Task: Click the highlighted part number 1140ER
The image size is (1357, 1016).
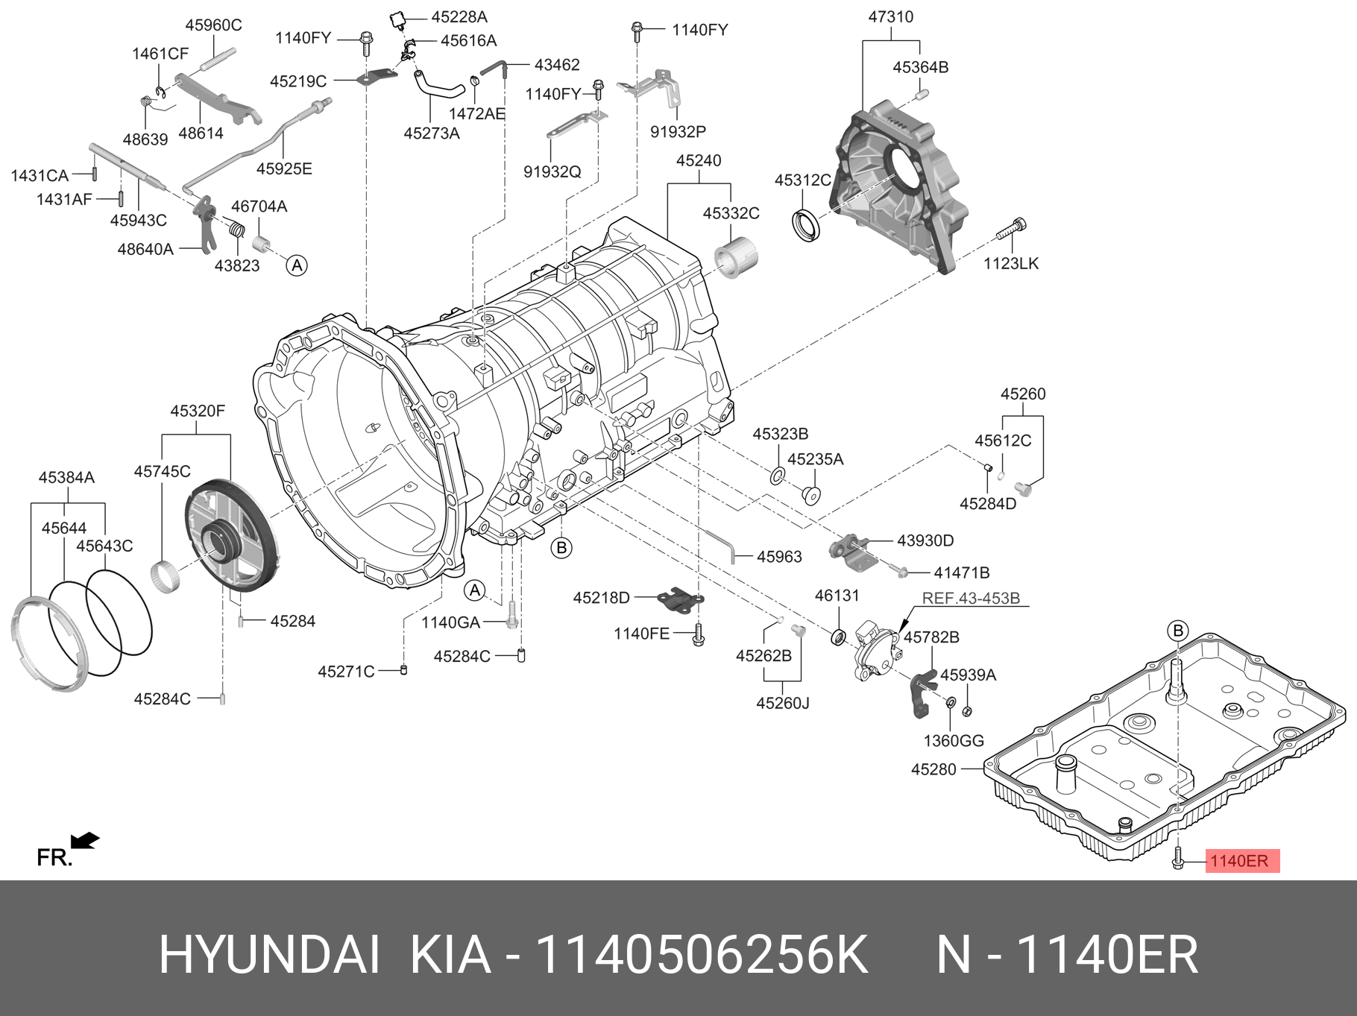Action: click(x=1238, y=861)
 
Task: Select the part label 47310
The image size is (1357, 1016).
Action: click(x=890, y=17)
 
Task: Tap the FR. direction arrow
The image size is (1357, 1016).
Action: click(x=86, y=841)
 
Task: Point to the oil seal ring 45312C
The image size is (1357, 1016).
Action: click(x=805, y=226)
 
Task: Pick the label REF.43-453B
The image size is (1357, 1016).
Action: click(x=971, y=599)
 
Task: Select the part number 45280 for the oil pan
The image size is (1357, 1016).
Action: click(x=933, y=769)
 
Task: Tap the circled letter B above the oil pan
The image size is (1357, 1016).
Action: click(x=1178, y=631)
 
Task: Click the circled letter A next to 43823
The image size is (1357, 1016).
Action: click(x=297, y=265)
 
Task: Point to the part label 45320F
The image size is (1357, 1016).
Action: click(x=197, y=411)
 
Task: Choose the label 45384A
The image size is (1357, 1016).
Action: click(x=66, y=477)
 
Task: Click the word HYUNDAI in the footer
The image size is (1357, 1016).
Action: click(x=269, y=955)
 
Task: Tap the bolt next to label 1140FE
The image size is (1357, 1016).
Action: click(x=698, y=634)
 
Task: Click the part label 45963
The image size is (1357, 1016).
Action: click(x=779, y=557)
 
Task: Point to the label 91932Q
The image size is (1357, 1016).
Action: click(x=552, y=171)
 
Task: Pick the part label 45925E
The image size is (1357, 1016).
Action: click(x=284, y=169)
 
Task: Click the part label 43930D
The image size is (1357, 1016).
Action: click(x=925, y=540)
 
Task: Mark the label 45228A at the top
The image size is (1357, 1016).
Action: click(x=459, y=17)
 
